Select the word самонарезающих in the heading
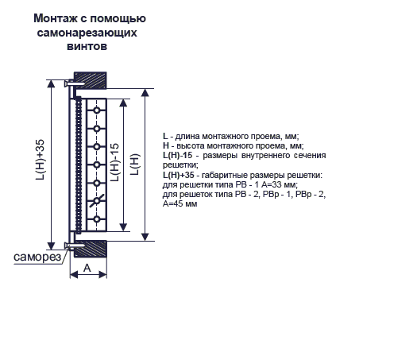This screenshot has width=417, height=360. tap(87, 33)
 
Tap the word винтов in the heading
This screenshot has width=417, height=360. tap(87, 46)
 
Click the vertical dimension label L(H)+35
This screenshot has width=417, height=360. tap(41, 160)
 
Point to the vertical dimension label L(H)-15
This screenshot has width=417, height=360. tap(115, 162)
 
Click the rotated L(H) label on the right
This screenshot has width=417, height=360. tap(135, 165)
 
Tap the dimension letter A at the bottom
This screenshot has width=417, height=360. tap(87, 268)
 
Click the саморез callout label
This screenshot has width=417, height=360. tap(37, 257)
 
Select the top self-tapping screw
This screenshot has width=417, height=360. tap(75, 83)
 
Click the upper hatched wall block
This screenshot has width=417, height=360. tap(91, 80)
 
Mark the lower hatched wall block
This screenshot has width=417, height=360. tap(91, 249)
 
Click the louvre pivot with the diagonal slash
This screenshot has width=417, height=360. tap(97, 200)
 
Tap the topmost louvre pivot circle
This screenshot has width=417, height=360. tap(97, 110)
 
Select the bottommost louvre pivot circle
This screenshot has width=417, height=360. tap(97, 219)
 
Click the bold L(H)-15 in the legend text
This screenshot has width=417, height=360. tap(177, 155)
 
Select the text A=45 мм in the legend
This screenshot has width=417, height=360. tap(180, 203)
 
